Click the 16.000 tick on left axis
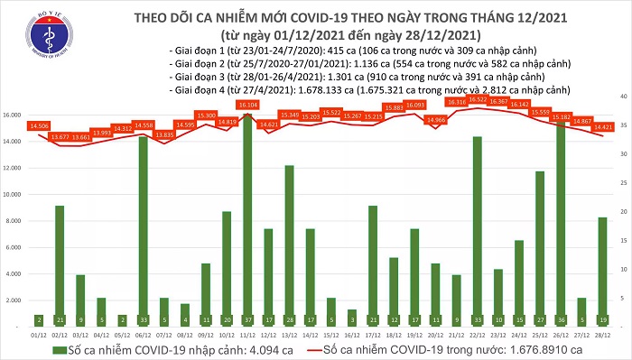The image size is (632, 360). click(x=15, y=115)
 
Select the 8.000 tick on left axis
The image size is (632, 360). click(x=17, y=218)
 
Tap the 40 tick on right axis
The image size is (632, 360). click(x=622, y=95)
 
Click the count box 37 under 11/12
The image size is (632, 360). click(x=247, y=318)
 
